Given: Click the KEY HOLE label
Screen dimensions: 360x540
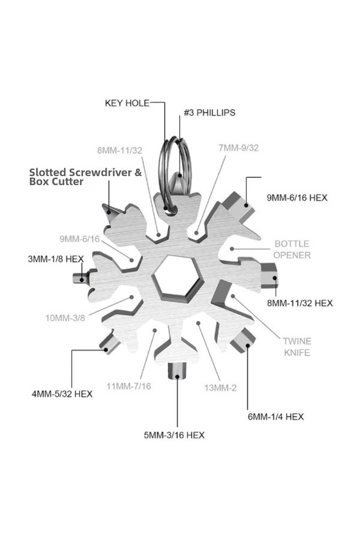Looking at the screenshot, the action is [x=127, y=103].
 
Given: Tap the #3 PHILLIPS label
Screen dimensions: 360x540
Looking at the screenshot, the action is [x=210, y=113].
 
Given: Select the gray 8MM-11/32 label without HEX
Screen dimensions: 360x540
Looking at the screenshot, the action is [x=120, y=150].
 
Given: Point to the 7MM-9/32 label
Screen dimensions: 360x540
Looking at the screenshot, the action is [x=239, y=147].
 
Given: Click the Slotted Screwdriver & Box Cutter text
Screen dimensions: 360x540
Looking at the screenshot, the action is [x=85, y=177].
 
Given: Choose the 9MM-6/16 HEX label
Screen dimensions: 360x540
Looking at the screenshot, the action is [x=297, y=197].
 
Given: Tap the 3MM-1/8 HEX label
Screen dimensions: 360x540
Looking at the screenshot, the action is [x=56, y=258].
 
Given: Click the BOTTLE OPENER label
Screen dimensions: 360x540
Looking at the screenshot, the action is [x=292, y=249].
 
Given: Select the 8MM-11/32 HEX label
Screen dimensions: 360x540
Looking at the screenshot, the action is [x=300, y=303].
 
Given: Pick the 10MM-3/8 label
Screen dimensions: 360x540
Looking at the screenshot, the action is [x=65, y=318].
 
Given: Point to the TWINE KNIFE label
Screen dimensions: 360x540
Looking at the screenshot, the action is [x=297, y=347].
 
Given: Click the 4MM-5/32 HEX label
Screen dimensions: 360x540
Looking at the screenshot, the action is [x=62, y=394].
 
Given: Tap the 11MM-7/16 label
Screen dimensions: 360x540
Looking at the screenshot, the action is [x=128, y=386].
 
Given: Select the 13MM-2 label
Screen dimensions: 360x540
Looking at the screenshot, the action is [x=221, y=388].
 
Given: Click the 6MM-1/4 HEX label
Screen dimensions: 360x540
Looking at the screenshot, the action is [x=276, y=417].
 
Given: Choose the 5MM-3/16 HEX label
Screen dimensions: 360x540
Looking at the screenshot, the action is [x=174, y=435].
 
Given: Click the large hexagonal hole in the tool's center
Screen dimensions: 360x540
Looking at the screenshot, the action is [x=177, y=278].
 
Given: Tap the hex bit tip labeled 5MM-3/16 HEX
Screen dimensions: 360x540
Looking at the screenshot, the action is [x=177, y=371].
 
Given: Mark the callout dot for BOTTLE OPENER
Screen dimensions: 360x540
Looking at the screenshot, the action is [x=232, y=249].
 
